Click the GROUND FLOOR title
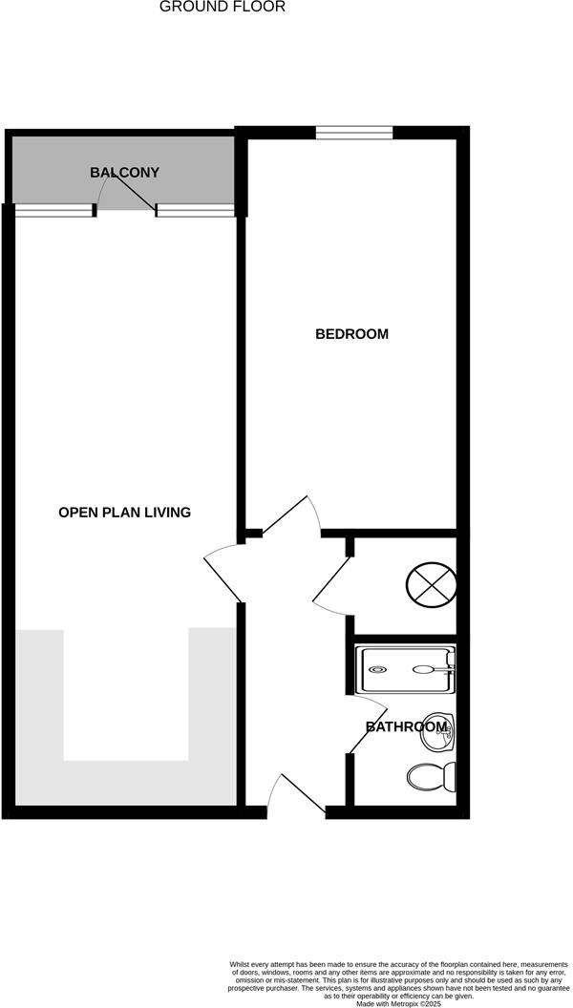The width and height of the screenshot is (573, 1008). pos(222,7)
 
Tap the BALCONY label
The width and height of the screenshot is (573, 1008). pos(124,173)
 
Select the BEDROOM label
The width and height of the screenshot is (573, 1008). pos(352,334)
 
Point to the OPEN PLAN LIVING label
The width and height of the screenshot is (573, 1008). pos(125,513)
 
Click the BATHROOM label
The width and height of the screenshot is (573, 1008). pos(407,727)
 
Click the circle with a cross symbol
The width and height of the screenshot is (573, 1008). pos(432,583)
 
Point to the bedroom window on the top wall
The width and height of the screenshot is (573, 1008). pos(354,133)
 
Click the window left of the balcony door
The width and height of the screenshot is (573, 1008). pos(53,211)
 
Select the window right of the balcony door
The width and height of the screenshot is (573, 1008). pos(196,211)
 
